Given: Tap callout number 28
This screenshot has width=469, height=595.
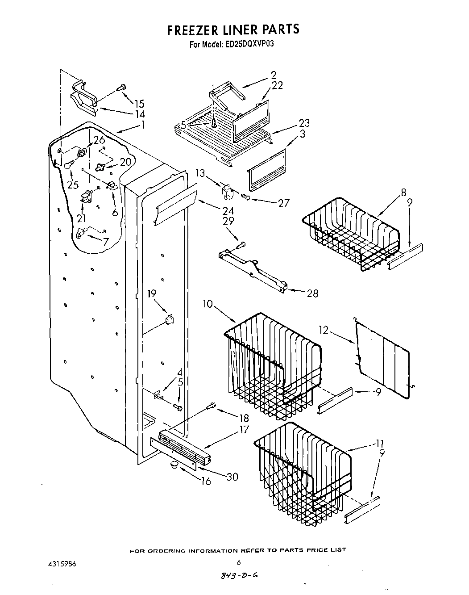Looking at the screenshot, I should click(x=312, y=293).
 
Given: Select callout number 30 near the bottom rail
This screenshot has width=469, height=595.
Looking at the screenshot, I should click(x=232, y=477).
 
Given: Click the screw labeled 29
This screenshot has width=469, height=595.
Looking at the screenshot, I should click(x=241, y=244).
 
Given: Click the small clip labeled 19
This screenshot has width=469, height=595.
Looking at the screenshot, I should click(x=169, y=319).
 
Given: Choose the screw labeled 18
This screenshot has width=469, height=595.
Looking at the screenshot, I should click(x=212, y=406).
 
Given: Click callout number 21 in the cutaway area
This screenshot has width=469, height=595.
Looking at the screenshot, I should click(x=81, y=218).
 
